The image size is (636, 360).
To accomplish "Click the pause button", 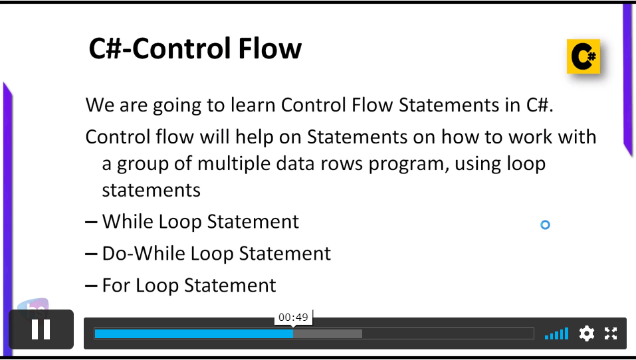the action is tap(41, 329).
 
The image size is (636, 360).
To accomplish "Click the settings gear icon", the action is tap(587, 333).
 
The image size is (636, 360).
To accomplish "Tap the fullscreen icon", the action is tap(611, 333).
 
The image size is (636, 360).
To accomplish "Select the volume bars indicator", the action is tap(556, 333).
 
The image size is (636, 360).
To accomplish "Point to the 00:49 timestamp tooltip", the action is tap(293, 317).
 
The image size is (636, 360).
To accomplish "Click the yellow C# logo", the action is tap(583, 56).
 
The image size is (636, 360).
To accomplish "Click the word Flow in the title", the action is tap(270, 48).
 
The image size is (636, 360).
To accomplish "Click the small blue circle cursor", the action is tap(545, 225).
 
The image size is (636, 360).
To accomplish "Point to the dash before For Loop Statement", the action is tap(91, 286).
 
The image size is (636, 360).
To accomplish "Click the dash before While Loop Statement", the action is tap(91, 222).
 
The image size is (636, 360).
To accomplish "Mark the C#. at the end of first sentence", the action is tap(540, 105).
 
